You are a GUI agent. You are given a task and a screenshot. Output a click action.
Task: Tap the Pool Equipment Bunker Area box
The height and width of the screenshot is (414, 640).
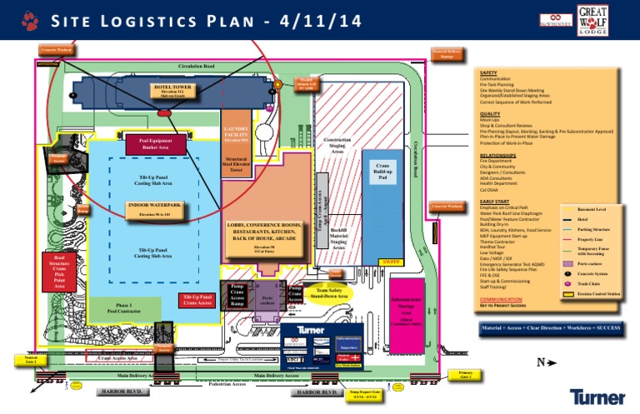point(161,146)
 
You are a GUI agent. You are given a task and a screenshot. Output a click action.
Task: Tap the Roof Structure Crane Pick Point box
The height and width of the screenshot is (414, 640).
point(66,271)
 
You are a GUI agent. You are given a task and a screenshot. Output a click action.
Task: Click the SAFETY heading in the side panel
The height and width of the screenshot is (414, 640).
point(489,73)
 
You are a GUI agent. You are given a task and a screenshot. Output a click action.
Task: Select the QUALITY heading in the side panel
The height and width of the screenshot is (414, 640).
point(490,113)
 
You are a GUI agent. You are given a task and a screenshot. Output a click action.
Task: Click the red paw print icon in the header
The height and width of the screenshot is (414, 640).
point(30,19)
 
